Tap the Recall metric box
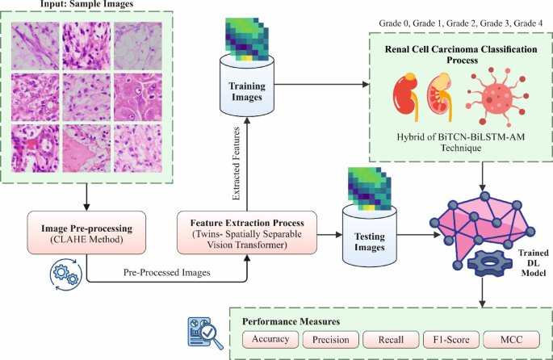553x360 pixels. pyautogui.click(x=390, y=340)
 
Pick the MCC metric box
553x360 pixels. pyautogui.click(x=512, y=340)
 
